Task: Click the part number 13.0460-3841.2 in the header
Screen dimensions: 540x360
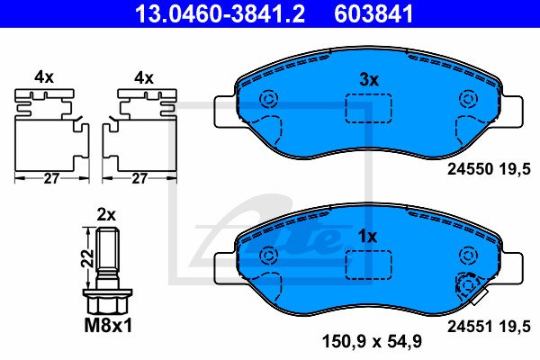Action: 220,13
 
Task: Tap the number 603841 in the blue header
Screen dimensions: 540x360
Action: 373,13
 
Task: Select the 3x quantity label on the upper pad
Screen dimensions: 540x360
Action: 369,80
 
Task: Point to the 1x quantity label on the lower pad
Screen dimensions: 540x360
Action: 368,237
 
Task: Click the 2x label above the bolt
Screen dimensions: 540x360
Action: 106,215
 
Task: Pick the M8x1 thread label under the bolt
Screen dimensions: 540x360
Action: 108,325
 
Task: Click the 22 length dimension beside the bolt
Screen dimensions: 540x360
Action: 88,257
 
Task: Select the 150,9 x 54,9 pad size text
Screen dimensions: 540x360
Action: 372,341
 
